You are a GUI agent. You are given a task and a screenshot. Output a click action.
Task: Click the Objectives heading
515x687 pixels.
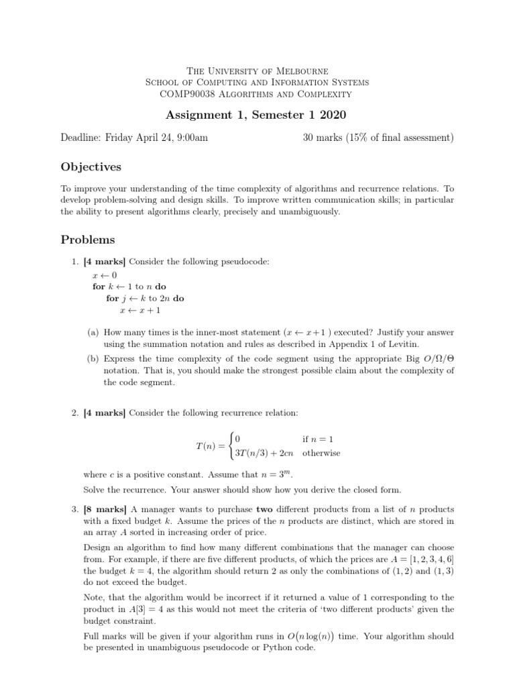tap(91, 166)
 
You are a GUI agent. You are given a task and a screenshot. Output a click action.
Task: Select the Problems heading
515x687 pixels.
tap(88, 240)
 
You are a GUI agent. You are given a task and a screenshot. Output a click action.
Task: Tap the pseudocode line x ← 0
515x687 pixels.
tap(105, 275)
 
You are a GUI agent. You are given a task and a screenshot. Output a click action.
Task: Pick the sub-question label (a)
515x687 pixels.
tap(95, 331)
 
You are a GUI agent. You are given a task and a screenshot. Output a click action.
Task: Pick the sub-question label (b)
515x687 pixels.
tap(95, 358)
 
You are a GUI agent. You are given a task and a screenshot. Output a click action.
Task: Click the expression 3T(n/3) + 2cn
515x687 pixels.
tap(266, 453)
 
